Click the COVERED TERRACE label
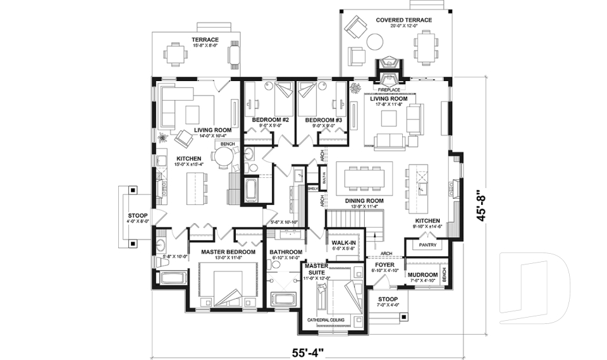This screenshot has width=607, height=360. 403,20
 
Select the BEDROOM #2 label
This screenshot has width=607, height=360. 270,120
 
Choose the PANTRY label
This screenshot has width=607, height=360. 428,245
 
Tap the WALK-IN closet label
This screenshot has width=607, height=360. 345,242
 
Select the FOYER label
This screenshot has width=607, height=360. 384,265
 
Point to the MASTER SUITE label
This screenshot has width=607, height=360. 317,270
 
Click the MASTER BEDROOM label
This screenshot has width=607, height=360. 228,252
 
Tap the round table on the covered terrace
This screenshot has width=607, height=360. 375,42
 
